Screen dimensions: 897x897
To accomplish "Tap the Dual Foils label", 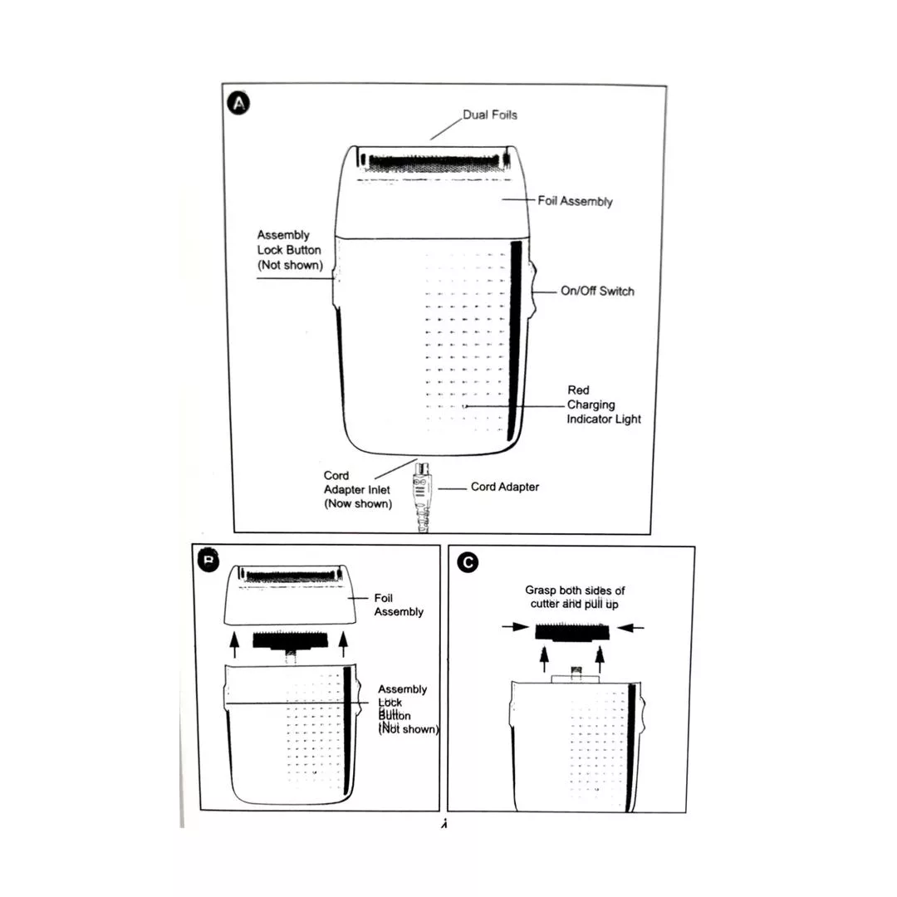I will [490, 115].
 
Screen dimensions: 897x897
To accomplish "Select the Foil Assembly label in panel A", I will [575, 201].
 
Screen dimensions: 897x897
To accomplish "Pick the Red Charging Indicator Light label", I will [604, 404].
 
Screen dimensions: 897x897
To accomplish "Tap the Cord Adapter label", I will [504, 487].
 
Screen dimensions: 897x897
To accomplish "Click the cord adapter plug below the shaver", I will [424, 490].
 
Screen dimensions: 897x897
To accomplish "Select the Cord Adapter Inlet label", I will [357, 489].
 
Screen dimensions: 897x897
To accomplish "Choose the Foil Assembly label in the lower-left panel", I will [399, 605].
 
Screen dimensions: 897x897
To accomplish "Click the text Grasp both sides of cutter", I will [575, 596].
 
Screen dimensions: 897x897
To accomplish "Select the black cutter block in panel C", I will [572, 630].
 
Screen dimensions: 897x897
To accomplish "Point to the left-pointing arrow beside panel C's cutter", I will [632, 628].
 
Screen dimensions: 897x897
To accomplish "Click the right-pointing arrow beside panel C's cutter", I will [514, 628].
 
